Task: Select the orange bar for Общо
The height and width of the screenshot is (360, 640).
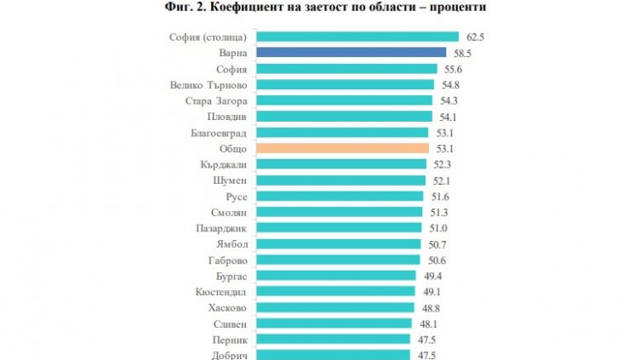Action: click(x=342, y=148)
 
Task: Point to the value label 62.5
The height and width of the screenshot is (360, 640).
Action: click(x=475, y=37)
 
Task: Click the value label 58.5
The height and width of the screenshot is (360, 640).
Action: click(x=462, y=53)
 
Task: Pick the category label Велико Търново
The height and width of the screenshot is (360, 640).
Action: click(x=209, y=85)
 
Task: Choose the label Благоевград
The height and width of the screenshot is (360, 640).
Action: click(x=220, y=133)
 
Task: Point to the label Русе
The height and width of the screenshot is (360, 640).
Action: click(x=235, y=197)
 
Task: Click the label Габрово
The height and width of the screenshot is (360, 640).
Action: click(x=228, y=260)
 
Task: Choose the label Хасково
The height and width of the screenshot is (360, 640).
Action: click(x=227, y=308)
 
